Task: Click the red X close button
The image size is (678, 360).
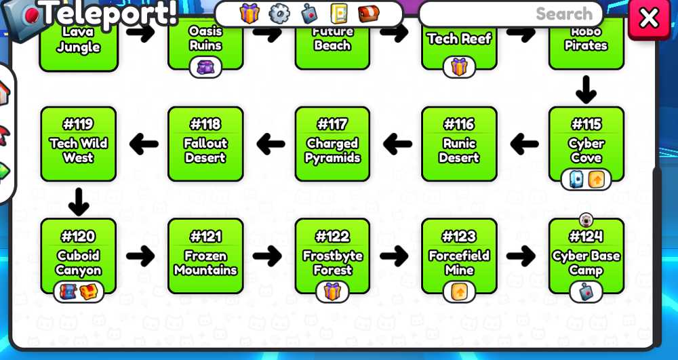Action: coord(649,19)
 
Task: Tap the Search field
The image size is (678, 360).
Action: coord(511,14)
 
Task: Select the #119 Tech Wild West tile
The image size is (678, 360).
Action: coord(78,144)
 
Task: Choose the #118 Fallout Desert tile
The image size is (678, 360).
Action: coord(205,144)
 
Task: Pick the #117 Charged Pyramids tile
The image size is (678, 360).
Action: coord(332,144)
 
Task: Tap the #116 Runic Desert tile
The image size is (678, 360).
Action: coord(459,144)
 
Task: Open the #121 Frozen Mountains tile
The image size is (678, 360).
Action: coord(205,256)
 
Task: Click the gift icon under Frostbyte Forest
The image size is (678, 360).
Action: coord(332,292)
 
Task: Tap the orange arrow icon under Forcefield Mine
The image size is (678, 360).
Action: coord(459,292)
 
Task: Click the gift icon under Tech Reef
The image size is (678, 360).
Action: coord(459,67)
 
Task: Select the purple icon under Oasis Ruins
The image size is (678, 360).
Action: coord(206,67)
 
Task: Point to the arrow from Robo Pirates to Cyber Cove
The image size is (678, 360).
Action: coord(586,90)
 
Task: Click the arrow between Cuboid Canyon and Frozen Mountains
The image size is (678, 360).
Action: coord(140,256)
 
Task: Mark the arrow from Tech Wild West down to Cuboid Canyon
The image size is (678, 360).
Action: coord(78,202)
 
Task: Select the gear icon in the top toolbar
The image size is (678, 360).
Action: coord(279,14)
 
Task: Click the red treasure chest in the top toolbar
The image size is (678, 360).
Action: coord(369,14)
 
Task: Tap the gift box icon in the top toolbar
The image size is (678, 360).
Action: coord(250,14)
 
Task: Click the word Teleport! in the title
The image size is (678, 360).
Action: coord(110,12)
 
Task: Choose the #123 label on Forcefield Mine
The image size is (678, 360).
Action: coord(459,237)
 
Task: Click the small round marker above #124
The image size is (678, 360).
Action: coord(586,220)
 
